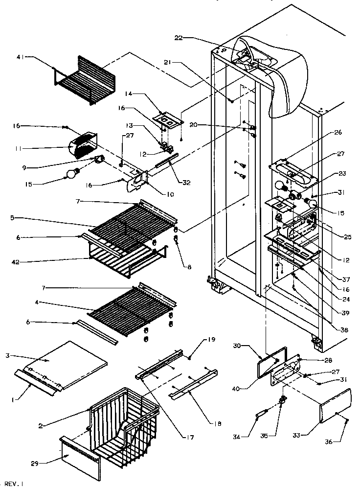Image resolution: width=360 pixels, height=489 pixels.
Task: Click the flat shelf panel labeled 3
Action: coord(76,363)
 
